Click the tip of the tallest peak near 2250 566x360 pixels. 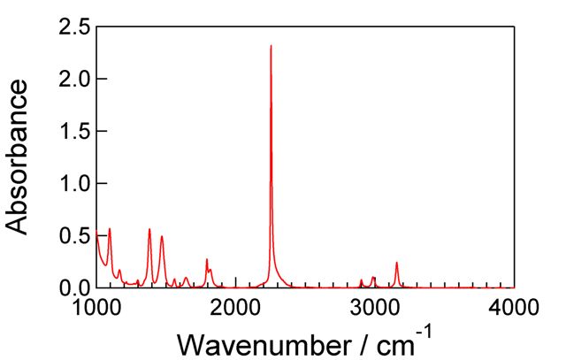coord(271,45)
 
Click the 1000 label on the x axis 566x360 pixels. coord(96,306)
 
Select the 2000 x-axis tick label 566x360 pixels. coord(235,306)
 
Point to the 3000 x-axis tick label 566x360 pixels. coord(375,306)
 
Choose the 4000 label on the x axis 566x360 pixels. coord(514,306)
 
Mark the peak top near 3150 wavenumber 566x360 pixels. coord(396,263)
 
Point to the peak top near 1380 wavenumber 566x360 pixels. coord(149,229)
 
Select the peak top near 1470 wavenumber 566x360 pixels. coord(161,236)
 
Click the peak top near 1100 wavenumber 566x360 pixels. coord(110,229)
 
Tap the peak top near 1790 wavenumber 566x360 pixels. coord(207,259)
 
